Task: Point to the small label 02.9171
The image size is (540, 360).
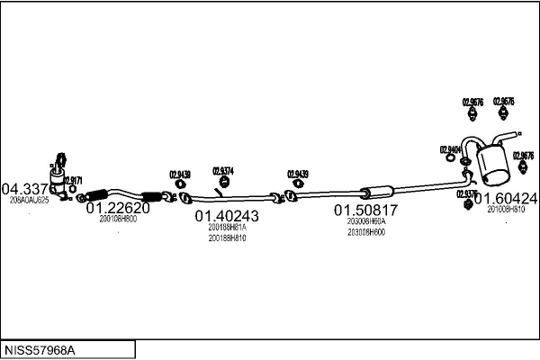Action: (73, 180)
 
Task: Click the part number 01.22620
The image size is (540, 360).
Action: (117, 208)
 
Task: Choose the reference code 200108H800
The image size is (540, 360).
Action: (118, 219)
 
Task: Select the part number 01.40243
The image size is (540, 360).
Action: (227, 216)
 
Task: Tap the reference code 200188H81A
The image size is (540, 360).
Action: (227, 228)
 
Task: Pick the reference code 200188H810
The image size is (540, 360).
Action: (227, 238)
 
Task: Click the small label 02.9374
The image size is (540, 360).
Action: (223, 170)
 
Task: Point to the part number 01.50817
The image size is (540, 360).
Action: (366, 210)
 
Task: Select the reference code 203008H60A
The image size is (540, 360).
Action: (366, 220)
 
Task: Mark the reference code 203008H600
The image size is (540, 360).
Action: (366, 232)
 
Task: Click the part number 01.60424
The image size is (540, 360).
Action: (507, 198)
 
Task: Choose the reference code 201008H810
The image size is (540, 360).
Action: (506, 209)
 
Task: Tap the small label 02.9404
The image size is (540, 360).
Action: (451, 149)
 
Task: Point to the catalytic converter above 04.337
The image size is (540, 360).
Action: (59, 175)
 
